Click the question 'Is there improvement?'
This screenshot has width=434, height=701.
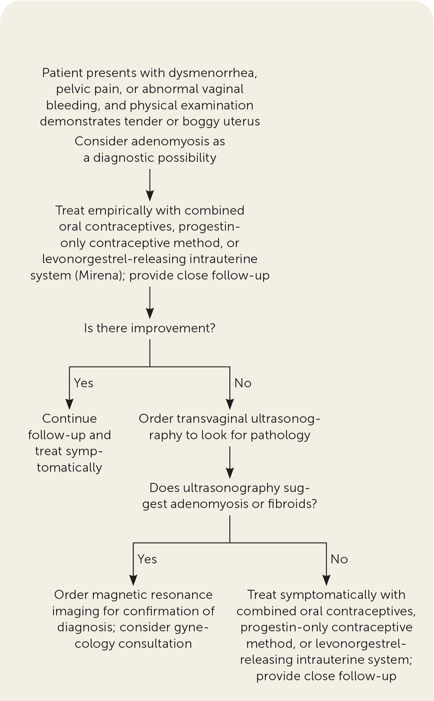point(149,328)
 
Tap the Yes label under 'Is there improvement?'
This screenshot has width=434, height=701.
point(84,383)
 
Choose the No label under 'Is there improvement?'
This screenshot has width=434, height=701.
point(243,383)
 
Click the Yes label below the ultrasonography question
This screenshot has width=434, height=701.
point(147,559)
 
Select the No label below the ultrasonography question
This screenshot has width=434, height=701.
point(339,559)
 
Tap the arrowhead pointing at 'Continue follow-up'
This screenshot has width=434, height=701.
point(69,404)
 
